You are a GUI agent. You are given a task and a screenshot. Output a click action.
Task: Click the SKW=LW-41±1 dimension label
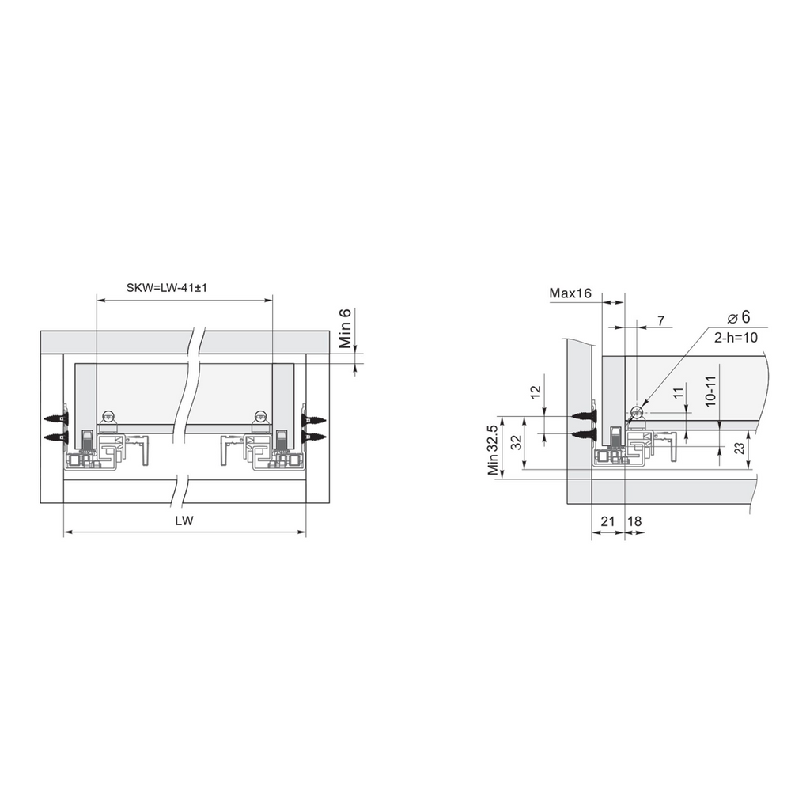click(166, 288)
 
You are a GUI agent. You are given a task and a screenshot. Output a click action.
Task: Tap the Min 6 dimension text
click(345, 328)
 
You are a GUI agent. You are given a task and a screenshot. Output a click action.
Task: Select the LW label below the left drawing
click(184, 520)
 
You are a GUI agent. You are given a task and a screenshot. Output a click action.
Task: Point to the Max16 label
click(570, 293)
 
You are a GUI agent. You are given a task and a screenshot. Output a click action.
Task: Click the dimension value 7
click(661, 321)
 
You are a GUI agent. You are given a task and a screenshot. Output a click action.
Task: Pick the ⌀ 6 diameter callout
click(739, 317)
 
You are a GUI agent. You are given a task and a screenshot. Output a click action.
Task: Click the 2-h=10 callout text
click(736, 337)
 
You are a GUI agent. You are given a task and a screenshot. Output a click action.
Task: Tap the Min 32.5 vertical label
click(494, 450)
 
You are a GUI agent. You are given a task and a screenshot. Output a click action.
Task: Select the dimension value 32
click(516, 443)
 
